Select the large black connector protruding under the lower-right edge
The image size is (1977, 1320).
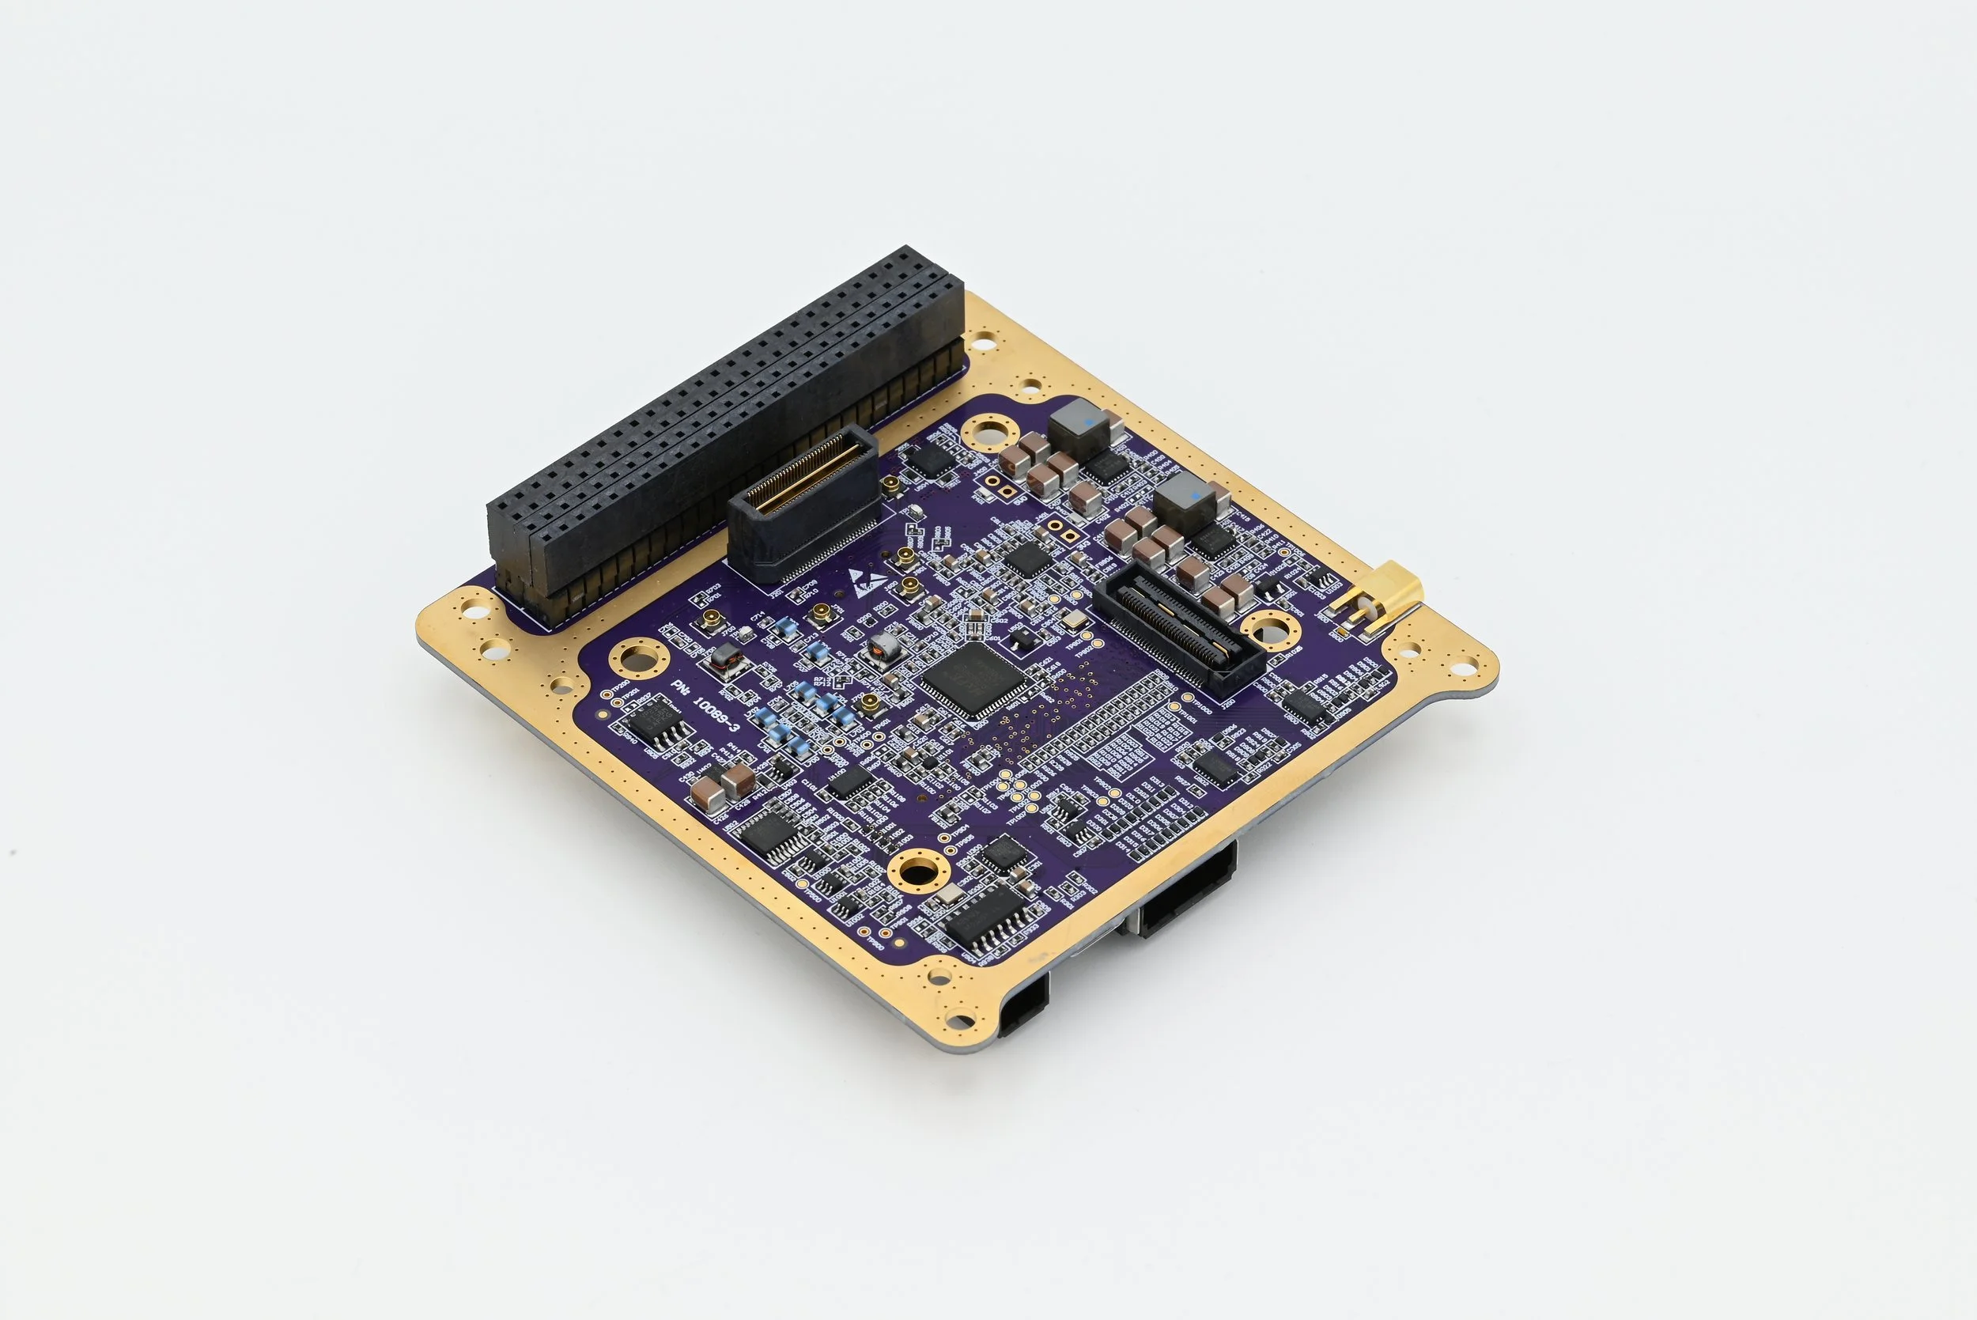pyautogui.click(x=1187, y=892)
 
